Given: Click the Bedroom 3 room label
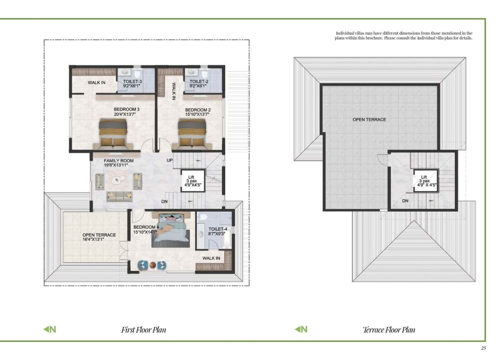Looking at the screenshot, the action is pos(127,109).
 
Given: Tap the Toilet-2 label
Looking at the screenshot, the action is pos(199,82).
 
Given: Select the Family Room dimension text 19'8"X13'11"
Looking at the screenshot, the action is pos(116,165).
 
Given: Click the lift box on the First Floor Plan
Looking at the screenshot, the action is pos(193,181).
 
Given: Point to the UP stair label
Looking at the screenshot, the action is pos(170,160).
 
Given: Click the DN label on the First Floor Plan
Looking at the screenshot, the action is pos(164,202).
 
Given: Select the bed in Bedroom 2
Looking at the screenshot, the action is pos(192,134).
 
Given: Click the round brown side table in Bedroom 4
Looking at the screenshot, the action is pos(153,265).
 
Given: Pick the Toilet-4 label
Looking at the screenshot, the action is pos(218,229).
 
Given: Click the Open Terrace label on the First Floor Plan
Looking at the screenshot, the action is pos(99,235).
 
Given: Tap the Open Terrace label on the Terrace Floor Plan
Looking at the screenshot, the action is pos(369,120).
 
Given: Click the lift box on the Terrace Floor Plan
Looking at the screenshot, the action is pos(426,181).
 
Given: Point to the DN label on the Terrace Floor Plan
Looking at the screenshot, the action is pos(405,201).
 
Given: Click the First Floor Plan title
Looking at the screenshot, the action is pos(144,330).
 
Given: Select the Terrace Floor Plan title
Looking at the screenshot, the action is pos(389,330).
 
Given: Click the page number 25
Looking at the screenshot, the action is pos(484,348).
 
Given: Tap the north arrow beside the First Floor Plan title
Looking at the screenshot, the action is pos(49,329).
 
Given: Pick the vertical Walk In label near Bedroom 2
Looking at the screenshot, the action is pos(174,91).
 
